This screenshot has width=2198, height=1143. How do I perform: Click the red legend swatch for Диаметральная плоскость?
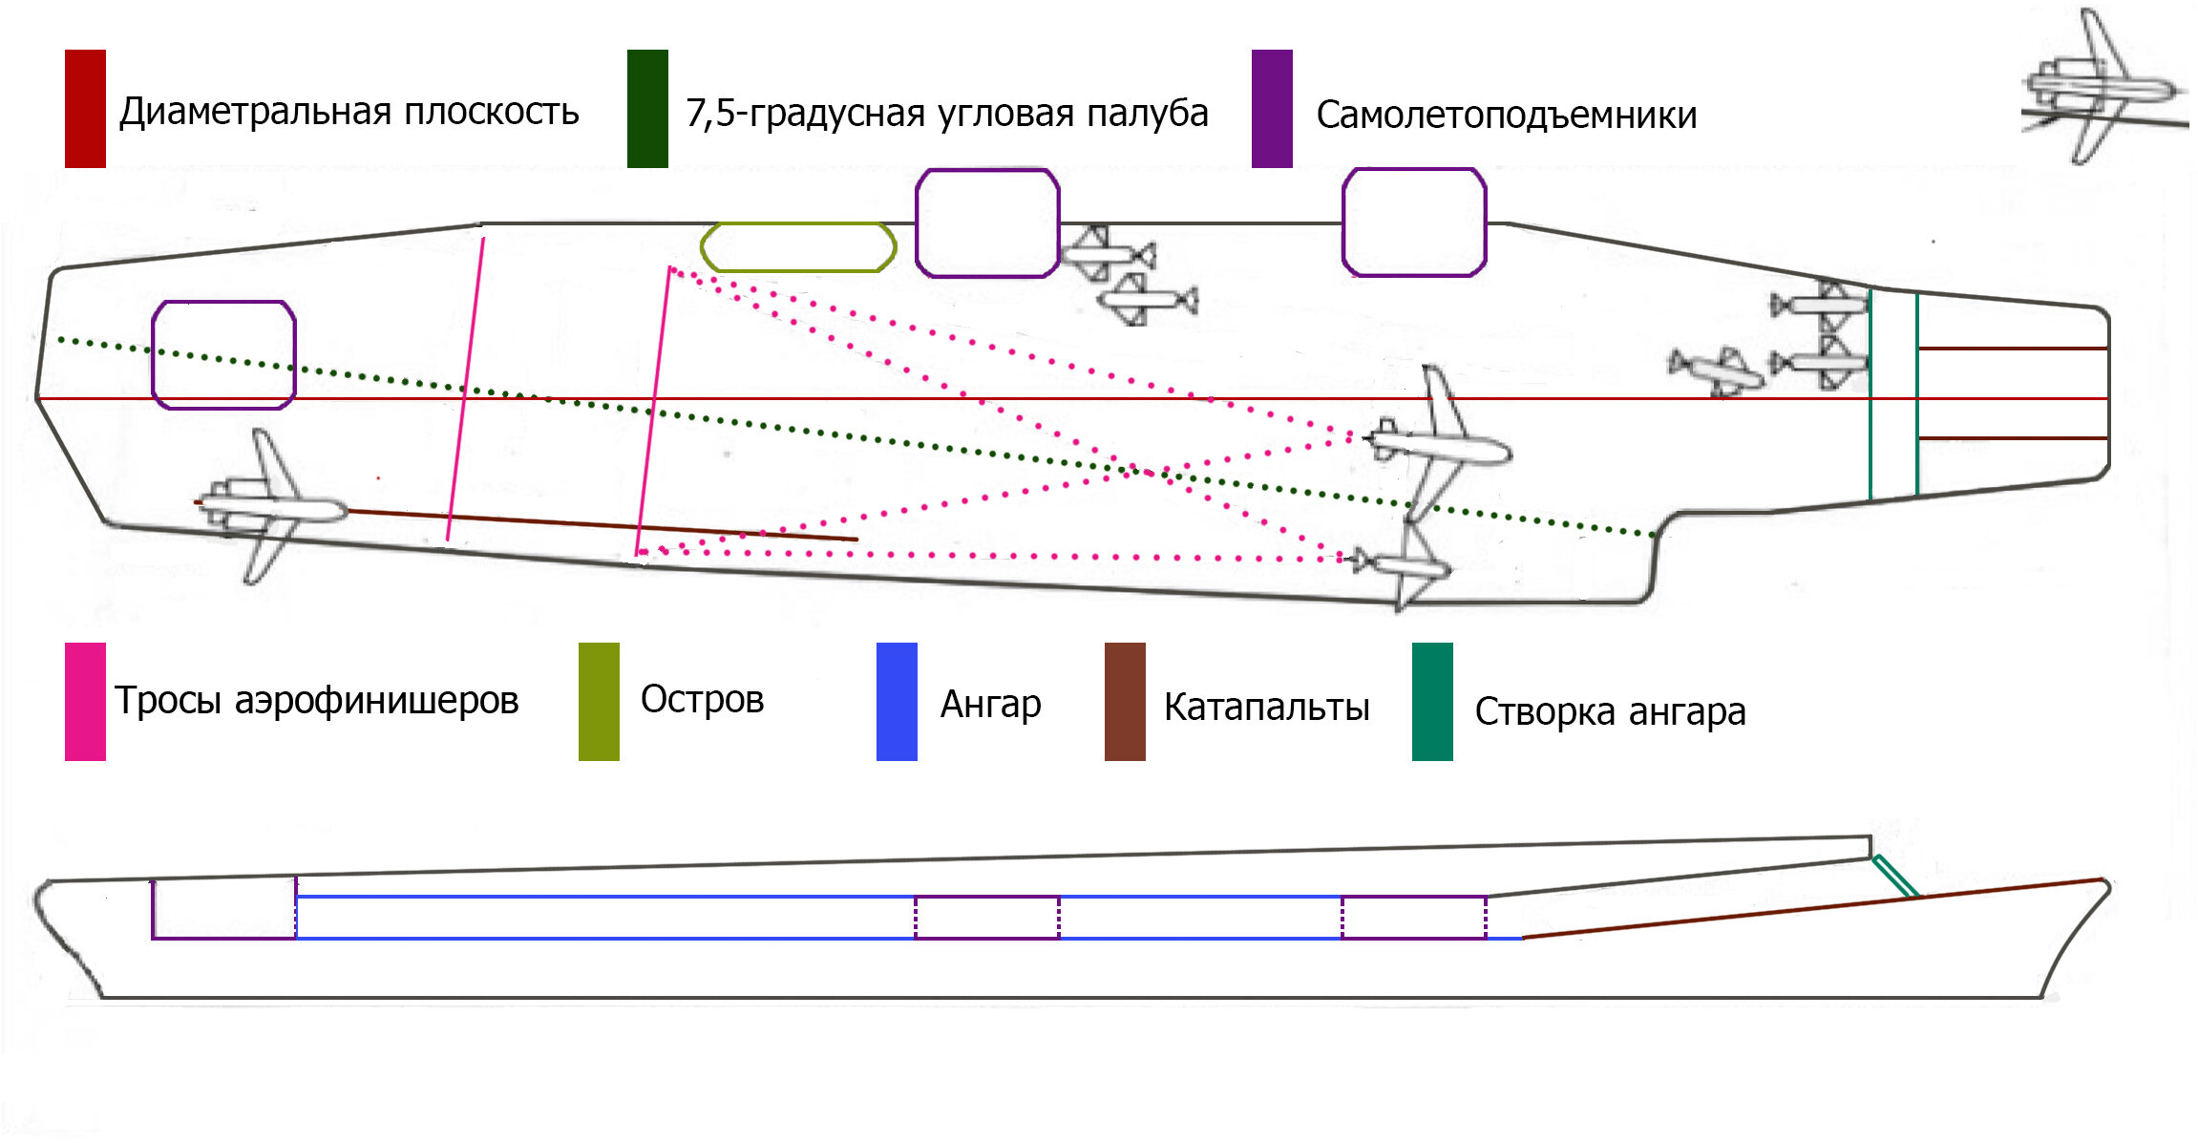(x=85, y=109)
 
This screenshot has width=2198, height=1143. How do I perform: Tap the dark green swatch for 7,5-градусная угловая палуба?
(x=647, y=109)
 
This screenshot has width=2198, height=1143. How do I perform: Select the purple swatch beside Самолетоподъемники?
(x=1272, y=109)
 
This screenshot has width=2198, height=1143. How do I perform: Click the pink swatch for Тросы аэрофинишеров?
(x=85, y=702)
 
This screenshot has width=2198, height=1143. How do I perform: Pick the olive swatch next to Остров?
(x=599, y=702)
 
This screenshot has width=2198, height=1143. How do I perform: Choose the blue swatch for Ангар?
(x=897, y=702)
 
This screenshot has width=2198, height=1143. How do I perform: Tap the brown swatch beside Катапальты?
(x=1125, y=702)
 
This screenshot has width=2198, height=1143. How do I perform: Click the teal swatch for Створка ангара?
(x=1432, y=702)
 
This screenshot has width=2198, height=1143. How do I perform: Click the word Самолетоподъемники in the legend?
(x=1507, y=116)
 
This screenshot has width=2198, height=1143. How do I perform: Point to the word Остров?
(x=702, y=699)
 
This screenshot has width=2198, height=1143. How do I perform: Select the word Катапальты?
(x=1267, y=708)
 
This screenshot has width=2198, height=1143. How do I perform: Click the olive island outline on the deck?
(x=798, y=223)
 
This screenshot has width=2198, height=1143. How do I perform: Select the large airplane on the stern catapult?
(x=272, y=506)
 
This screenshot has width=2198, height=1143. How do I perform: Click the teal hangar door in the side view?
(x=1895, y=877)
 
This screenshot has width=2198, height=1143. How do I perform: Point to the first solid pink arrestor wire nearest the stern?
(x=465, y=390)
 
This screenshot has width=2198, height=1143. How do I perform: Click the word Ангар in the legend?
(x=991, y=705)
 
